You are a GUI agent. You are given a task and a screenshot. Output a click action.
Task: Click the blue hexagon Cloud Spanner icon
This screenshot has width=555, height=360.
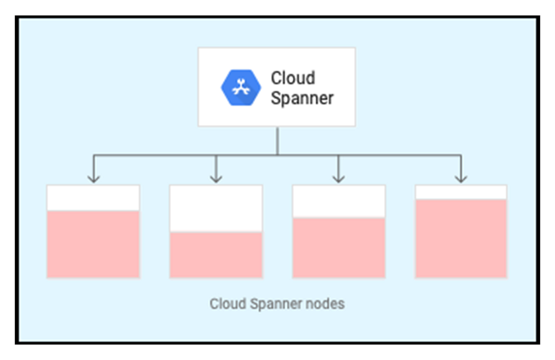[x=240, y=87]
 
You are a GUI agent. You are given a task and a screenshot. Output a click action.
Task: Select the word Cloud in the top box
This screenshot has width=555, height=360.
[x=292, y=78]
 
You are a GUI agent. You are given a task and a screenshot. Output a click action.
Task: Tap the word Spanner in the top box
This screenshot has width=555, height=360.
[x=302, y=98]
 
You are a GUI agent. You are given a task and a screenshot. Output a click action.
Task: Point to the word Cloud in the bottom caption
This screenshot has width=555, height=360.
[x=227, y=304]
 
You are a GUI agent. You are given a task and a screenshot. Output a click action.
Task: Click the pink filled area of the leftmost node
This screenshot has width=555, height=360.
[x=93, y=244]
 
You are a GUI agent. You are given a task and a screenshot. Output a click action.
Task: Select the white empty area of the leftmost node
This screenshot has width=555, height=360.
[x=93, y=198]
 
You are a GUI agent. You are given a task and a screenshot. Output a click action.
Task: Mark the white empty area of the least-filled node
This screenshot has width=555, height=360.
[x=216, y=208]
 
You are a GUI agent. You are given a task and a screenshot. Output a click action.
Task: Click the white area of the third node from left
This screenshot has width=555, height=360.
[x=339, y=201]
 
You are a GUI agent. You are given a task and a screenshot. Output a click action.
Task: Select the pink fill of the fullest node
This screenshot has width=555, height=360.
[x=461, y=238]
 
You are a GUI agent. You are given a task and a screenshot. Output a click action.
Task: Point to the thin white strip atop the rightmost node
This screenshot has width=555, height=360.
[x=461, y=192]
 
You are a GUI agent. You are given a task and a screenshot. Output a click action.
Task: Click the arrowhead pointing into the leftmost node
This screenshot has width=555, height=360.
[x=94, y=178]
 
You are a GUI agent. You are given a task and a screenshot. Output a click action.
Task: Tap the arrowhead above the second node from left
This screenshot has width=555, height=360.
[x=216, y=178]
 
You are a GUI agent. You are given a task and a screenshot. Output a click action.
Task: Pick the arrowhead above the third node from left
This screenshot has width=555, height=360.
[x=339, y=178]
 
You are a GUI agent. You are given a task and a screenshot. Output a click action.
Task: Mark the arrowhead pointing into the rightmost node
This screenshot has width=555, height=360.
[x=461, y=178]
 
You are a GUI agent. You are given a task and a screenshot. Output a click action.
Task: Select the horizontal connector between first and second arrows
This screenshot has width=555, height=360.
[x=155, y=155]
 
